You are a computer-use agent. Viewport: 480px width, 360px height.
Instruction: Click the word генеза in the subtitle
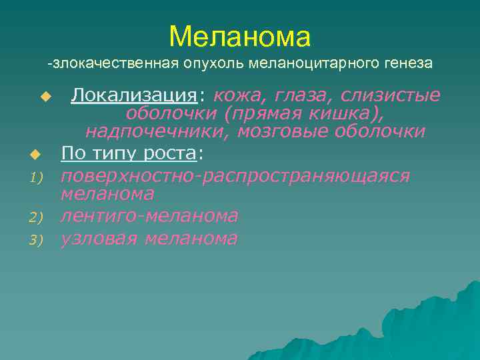pyautogui.click(x=409, y=64)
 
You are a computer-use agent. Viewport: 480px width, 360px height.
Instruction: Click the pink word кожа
pyautogui.click(x=240, y=96)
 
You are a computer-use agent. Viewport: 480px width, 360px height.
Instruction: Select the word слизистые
pyautogui.click(x=391, y=96)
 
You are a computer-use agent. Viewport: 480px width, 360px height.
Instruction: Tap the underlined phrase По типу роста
pyautogui.click(x=129, y=154)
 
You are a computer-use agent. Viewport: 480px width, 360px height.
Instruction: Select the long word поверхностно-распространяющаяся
pyautogui.click(x=235, y=176)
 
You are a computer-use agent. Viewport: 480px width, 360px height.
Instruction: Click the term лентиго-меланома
pyautogui.click(x=149, y=216)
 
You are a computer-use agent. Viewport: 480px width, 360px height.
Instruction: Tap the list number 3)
pyautogui.click(x=35, y=239)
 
